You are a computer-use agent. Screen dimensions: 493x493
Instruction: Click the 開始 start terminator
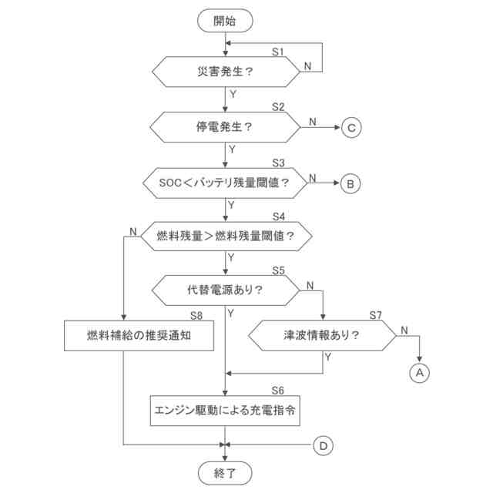225,21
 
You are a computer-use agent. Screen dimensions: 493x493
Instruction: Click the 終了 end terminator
225,471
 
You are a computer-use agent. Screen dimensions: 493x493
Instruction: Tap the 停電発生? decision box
225,127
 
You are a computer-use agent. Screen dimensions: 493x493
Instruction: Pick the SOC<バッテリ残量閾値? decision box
225,183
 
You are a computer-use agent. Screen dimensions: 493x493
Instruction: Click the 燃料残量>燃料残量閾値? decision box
225,235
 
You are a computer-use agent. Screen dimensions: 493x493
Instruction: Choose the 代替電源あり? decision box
225,290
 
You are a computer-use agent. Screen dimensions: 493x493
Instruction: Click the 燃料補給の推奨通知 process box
137,336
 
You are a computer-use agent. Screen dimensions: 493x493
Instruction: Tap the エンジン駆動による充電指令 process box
225,411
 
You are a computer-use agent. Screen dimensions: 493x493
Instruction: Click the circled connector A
419,372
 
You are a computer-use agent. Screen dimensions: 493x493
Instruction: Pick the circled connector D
324,445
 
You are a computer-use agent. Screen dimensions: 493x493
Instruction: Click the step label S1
278,51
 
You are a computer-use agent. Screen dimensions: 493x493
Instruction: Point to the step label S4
278,216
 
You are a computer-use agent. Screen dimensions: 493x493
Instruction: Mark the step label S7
375,315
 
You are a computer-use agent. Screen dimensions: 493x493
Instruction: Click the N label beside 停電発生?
312,120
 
